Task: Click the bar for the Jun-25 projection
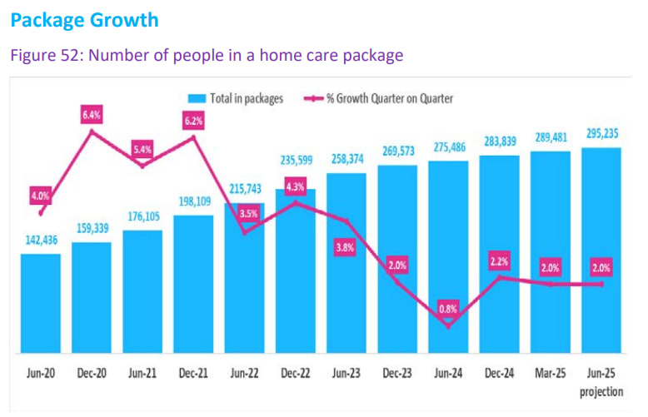pyautogui.click(x=601, y=250)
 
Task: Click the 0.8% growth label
pyautogui.click(x=449, y=308)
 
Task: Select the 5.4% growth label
pyautogui.click(x=143, y=151)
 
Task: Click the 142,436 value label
pyautogui.click(x=41, y=241)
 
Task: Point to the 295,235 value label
pyautogui.click(x=601, y=134)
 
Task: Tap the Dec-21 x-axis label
pyautogui.click(x=193, y=375)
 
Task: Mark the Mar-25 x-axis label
pyautogui.click(x=550, y=375)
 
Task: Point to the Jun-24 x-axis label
pyautogui.click(x=448, y=375)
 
